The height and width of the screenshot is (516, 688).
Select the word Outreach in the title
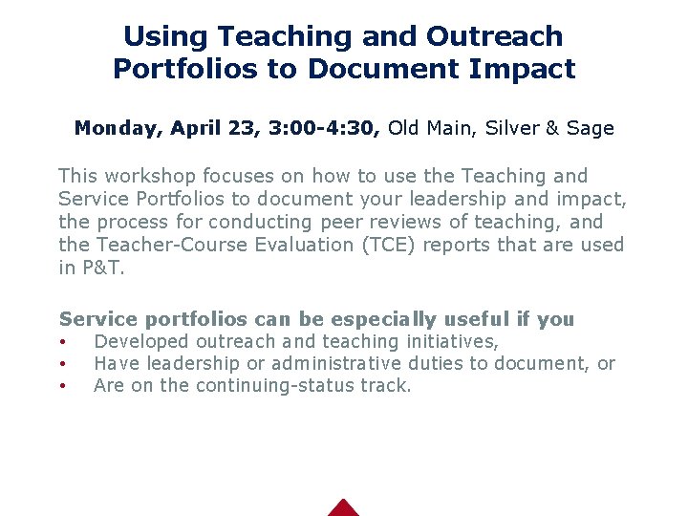pos(494,36)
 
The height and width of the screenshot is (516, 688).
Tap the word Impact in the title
pos(527,70)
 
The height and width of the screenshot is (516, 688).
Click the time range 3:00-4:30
pos(326,128)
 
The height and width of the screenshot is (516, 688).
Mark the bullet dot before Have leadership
pos(62,364)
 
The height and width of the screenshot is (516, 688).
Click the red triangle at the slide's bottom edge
pos(343,508)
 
